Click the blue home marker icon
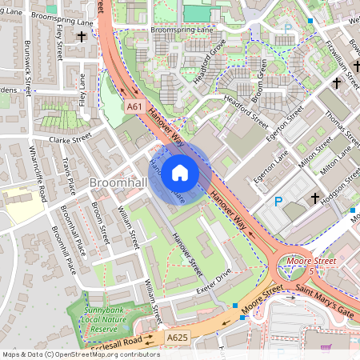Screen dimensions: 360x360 pyautogui.click(x=180, y=172)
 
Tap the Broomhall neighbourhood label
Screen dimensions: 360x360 pyautogui.click(x=118, y=184)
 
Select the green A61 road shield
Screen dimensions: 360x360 pyautogui.click(x=134, y=105)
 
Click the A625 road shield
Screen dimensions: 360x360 pyautogui.click(x=178, y=339)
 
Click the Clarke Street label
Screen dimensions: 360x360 pyautogui.click(x=71, y=139)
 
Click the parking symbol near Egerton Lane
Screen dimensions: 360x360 pyautogui.click(x=278, y=202)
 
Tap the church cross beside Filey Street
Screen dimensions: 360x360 pyautogui.click(x=81, y=37)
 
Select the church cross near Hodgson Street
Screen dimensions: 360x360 pyautogui.click(x=315, y=198)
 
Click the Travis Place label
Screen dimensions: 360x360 pyautogui.click(x=69, y=176)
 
